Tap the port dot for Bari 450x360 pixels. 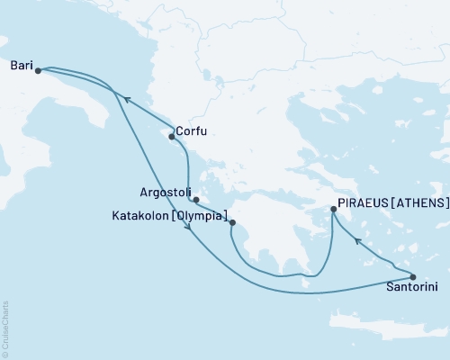point(38,70)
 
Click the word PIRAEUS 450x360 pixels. point(364,203)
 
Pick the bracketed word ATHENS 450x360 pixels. point(421,203)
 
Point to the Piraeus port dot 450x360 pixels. point(334,210)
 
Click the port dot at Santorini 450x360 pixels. point(412,276)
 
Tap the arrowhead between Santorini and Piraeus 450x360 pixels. point(358,240)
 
